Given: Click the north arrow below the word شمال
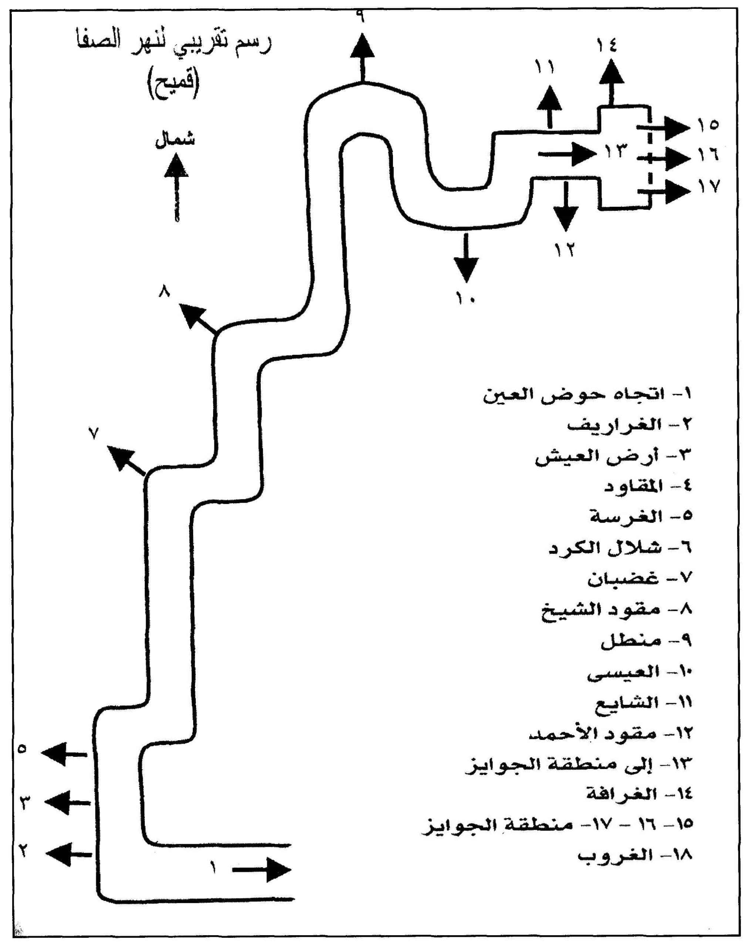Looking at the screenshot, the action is (176, 187).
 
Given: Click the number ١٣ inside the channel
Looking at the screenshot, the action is (615, 152).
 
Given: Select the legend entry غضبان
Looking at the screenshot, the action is (623, 579).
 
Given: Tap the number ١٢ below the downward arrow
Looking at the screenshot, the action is (564, 250).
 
